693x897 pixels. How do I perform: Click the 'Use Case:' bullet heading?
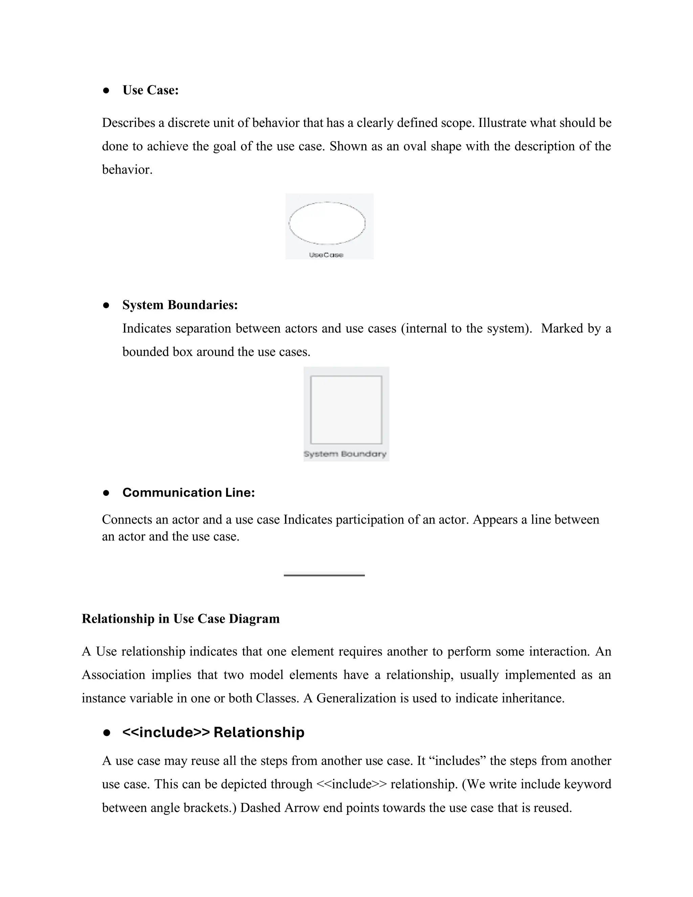coord(150,90)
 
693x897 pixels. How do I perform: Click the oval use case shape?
coord(327,223)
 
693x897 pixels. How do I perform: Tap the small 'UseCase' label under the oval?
coord(326,255)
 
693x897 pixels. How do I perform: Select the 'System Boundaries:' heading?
coord(180,305)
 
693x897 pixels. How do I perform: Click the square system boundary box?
coord(346,410)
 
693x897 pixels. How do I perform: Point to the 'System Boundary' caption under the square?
coord(345,454)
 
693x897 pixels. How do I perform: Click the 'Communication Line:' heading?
coord(188,493)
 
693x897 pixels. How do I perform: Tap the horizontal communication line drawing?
coord(324,575)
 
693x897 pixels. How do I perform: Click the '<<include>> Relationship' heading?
coord(213,732)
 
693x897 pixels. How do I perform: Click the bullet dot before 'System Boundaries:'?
coord(106,305)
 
